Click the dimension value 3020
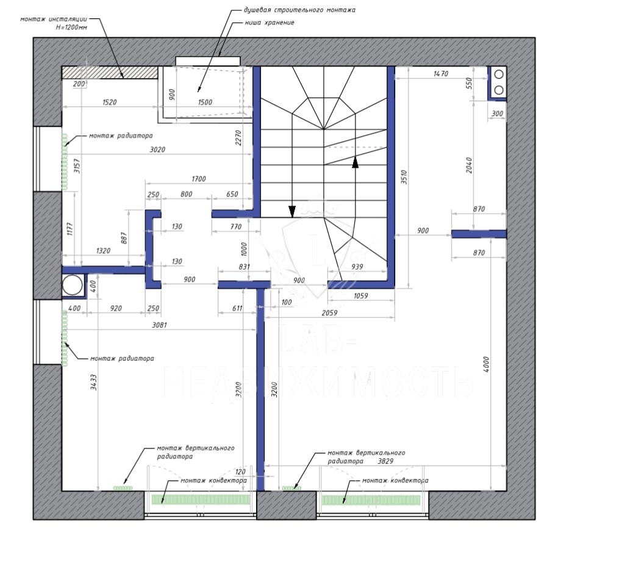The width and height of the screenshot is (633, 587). point(157,149)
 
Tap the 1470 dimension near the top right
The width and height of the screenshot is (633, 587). point(441,73)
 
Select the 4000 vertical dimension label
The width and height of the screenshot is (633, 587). point(486,364)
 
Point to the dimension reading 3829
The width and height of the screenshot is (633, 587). point(385,461)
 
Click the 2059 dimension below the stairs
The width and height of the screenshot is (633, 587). point(329,312)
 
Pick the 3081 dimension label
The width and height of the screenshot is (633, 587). point(159,325)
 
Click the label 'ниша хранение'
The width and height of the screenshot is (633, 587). point(270,23)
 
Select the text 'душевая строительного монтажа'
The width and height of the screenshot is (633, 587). point(299,10)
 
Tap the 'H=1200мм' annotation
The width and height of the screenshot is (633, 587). point(71,27)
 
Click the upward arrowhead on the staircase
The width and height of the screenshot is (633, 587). point(356,162)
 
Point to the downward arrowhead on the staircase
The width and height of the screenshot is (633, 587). point(292,211)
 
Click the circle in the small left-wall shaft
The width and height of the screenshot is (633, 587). point(73,286)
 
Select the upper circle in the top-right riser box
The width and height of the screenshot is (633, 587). point(499,74)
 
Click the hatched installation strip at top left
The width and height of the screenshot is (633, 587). point(110,73)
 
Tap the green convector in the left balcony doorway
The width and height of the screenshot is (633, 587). point(201,500)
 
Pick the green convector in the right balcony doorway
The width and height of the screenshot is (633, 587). point(371,500)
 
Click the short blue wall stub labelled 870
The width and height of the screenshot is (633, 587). point(479,234)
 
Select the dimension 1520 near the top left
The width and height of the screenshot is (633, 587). point(109,103)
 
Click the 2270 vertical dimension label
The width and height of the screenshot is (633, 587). point(238,138)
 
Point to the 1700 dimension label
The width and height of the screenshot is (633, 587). point(199,179)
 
